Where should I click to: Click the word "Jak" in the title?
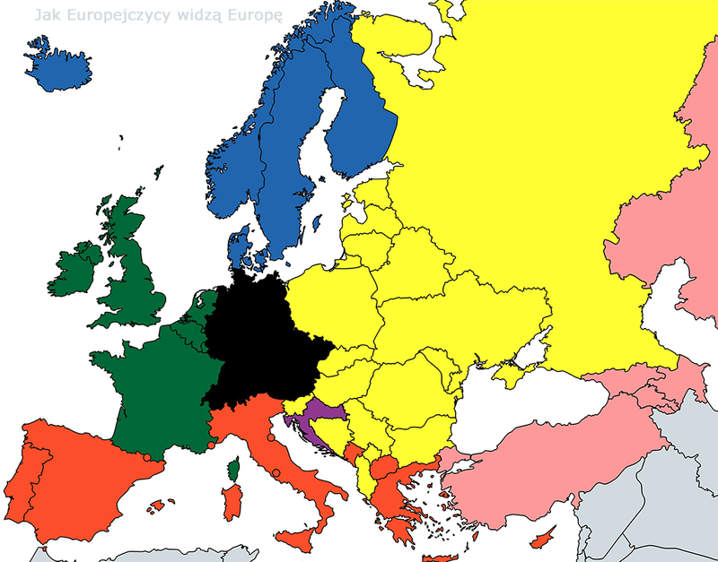[45, 15]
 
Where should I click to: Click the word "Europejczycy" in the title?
[106, 15]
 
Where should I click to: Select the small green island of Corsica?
[234, 469]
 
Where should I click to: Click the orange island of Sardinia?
[232, 502]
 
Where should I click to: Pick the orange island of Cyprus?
[541, 541]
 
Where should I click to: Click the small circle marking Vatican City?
[277, 472]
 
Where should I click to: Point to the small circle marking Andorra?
[145, 458]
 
